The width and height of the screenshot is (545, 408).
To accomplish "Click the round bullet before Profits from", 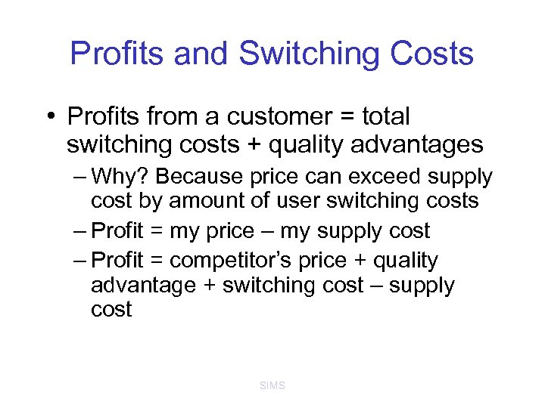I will [x=49, y=117].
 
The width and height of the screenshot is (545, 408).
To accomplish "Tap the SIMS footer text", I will [x=272, y=386].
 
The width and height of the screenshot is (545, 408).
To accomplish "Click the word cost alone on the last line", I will [x=111, y=310].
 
